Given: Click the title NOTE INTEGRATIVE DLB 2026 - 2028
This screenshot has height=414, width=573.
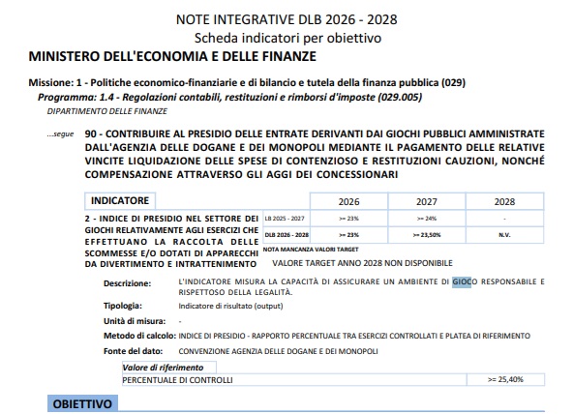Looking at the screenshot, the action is pos(286,18).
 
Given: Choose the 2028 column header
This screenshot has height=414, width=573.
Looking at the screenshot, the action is pos(504,201).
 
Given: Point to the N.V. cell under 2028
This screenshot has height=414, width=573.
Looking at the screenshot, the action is pos(504,234).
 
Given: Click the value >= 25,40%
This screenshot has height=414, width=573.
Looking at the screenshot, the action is pos(505,379).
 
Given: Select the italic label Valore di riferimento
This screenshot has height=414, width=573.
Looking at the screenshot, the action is pos(163,368).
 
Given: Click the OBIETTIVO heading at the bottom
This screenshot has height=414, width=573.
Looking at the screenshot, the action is pos(81,401).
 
